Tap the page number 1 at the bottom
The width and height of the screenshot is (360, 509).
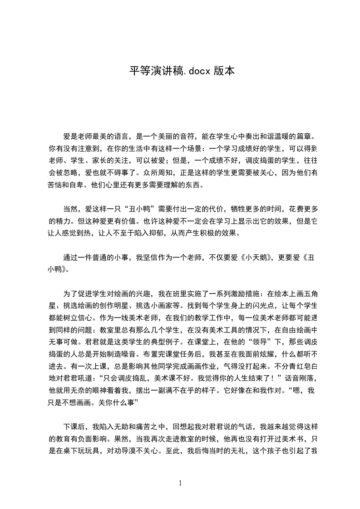(180, 483)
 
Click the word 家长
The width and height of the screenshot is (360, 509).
(107, 160)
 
